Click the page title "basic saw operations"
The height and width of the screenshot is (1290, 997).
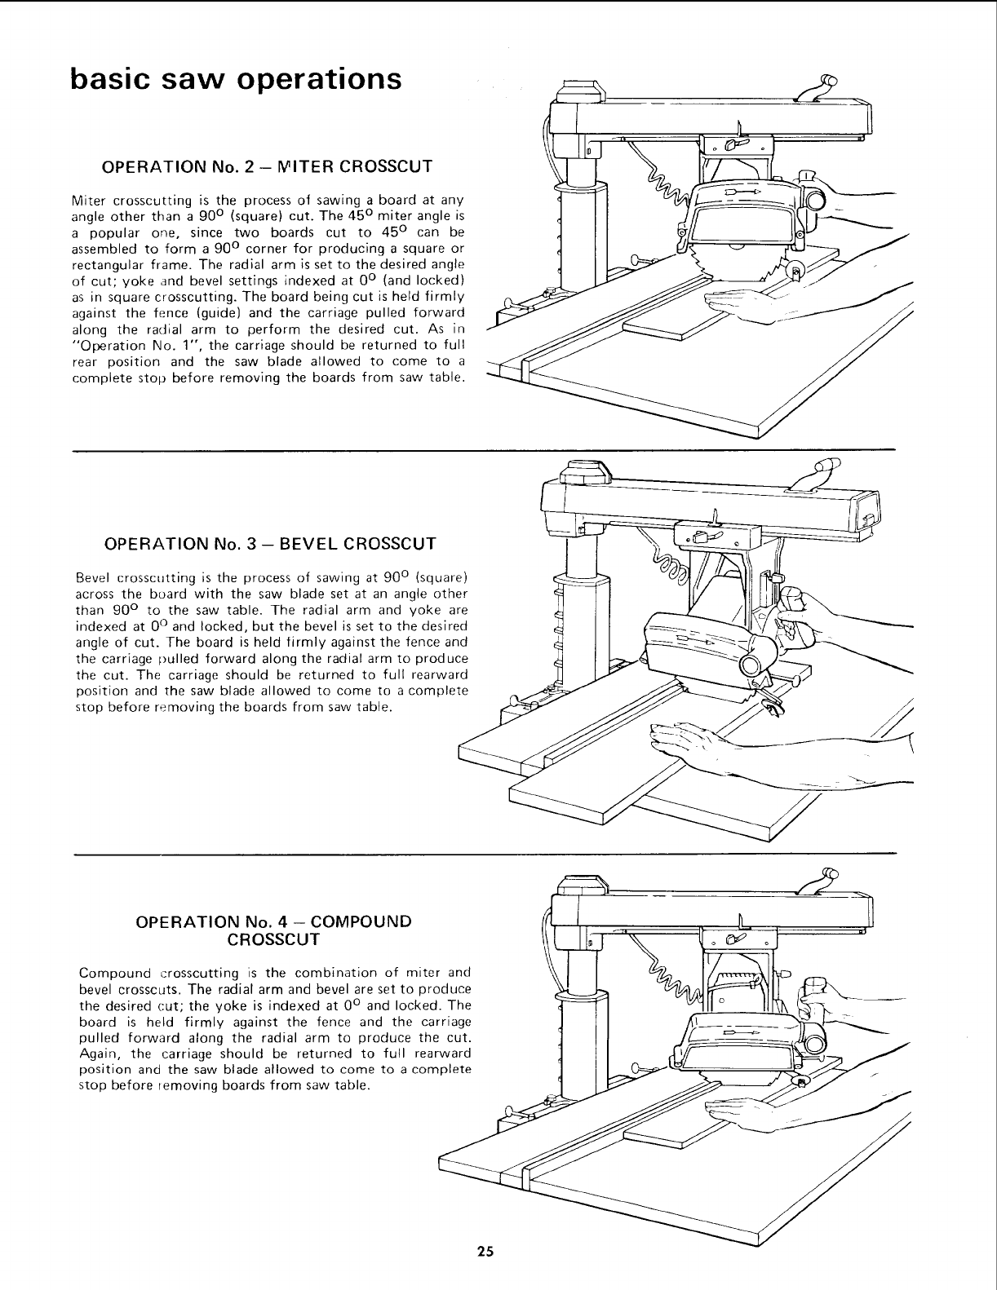[236, 79]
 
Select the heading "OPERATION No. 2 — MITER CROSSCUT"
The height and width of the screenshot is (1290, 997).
[265, 167]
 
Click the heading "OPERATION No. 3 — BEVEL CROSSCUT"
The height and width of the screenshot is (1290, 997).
[270, 544]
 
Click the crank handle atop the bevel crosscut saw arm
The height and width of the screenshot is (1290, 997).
[821, 471]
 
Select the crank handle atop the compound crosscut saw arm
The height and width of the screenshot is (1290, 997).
[821, 877]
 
